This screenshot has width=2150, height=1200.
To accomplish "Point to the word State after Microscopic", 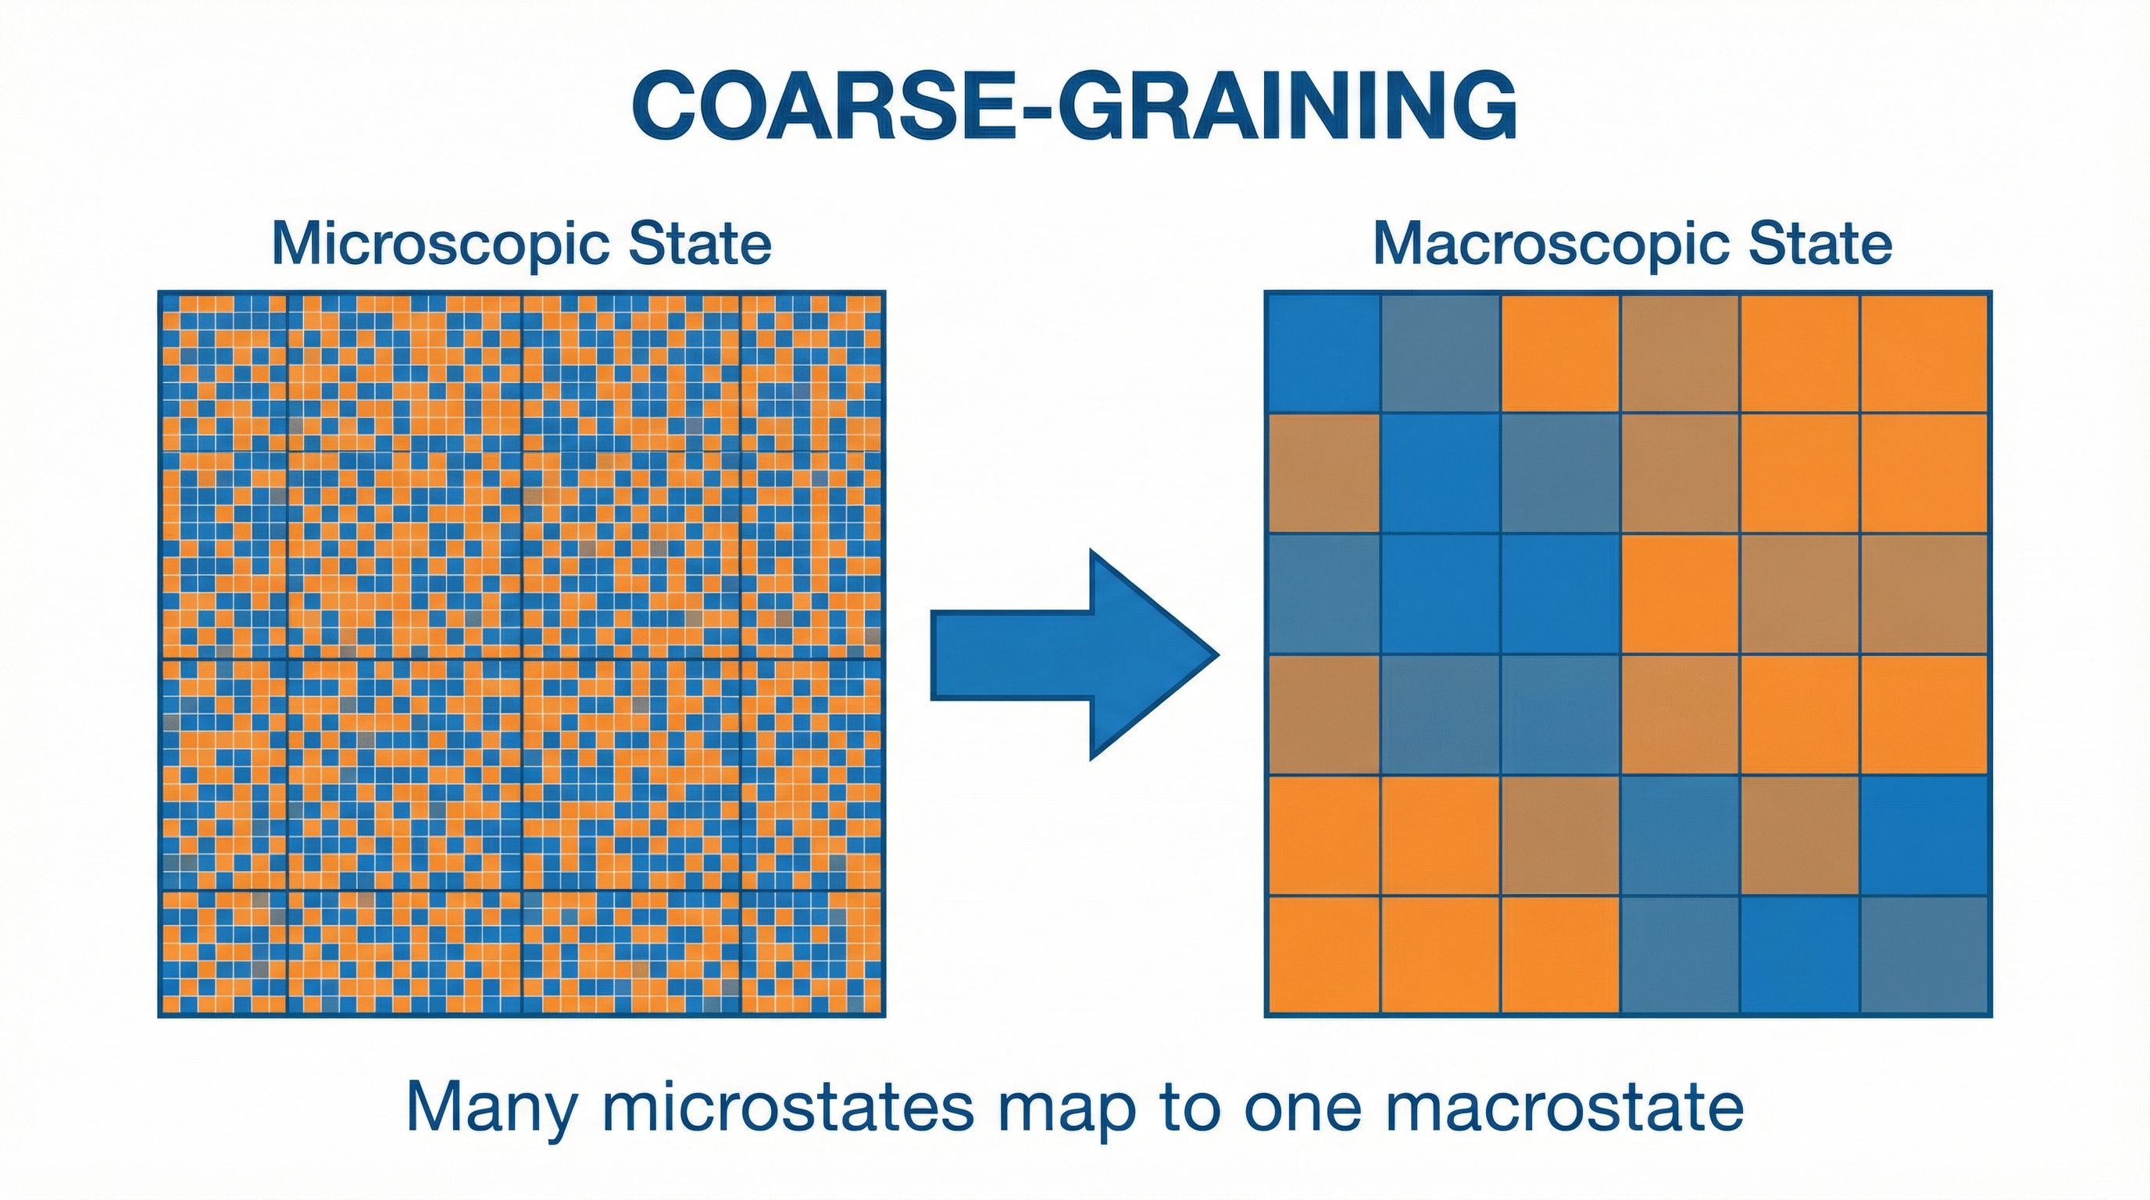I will (x=699, y=244).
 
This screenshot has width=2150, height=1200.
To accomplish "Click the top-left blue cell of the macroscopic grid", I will (x=1323, y=352).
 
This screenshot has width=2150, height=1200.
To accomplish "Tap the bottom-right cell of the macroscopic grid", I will (x=1926, y=955).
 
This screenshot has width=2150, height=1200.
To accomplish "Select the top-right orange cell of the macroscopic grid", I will (x=1926, y=352).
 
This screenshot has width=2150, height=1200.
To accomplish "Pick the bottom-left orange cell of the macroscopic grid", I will (x=1323, y=955).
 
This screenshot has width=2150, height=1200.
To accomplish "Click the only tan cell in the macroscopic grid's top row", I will (x=1680, y=352).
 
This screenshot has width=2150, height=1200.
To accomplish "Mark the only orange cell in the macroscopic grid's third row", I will (x=1680, y=593).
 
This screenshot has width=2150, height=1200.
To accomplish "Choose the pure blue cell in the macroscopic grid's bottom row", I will (x=1800, y=955).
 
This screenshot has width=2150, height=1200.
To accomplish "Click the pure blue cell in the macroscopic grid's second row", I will (x=1441, y=473).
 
